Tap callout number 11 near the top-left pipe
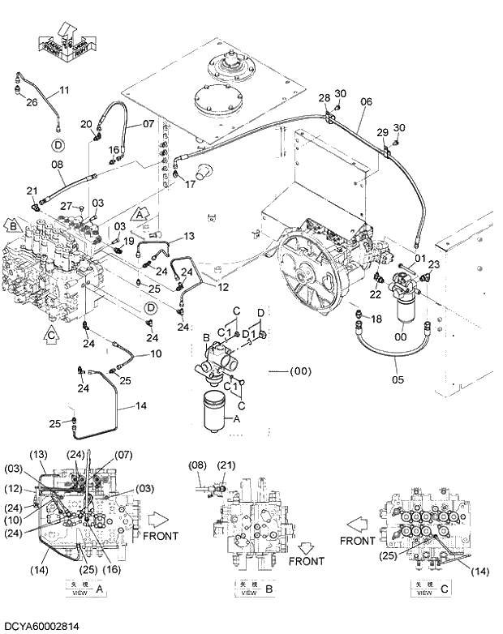[x=64, y=89]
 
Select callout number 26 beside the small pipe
[x=32, y=102]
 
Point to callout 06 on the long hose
[x=366, y=101]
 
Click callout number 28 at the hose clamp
[x=324, y=98]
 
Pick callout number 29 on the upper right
[x=381, y=132]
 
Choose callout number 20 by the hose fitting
[x=86, y=124]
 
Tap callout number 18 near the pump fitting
[x=376, y=320]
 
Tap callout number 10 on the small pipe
[x=156, y=353]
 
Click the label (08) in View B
[x=197, y=466]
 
